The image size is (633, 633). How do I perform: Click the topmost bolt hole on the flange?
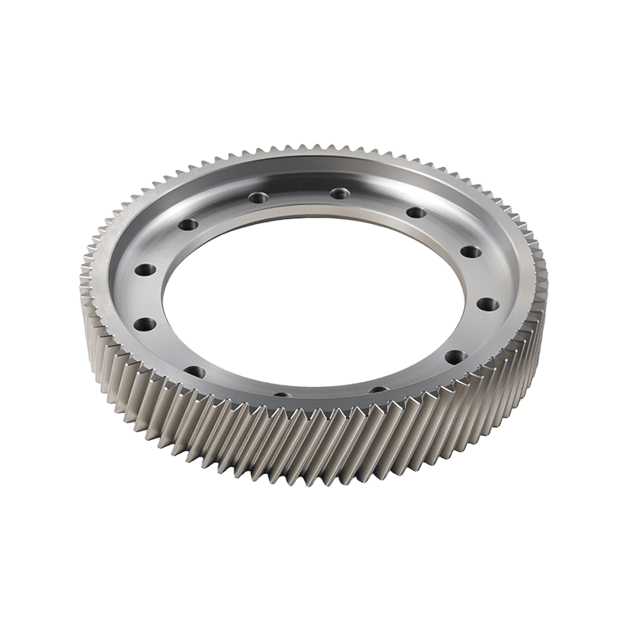(x=339, y=193)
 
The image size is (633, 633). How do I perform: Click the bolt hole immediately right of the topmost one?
(x=414, y=212)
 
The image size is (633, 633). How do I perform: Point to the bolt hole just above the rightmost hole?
(x=470, y=252)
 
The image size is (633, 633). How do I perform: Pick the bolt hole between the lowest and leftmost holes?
(x=194, y=370)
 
